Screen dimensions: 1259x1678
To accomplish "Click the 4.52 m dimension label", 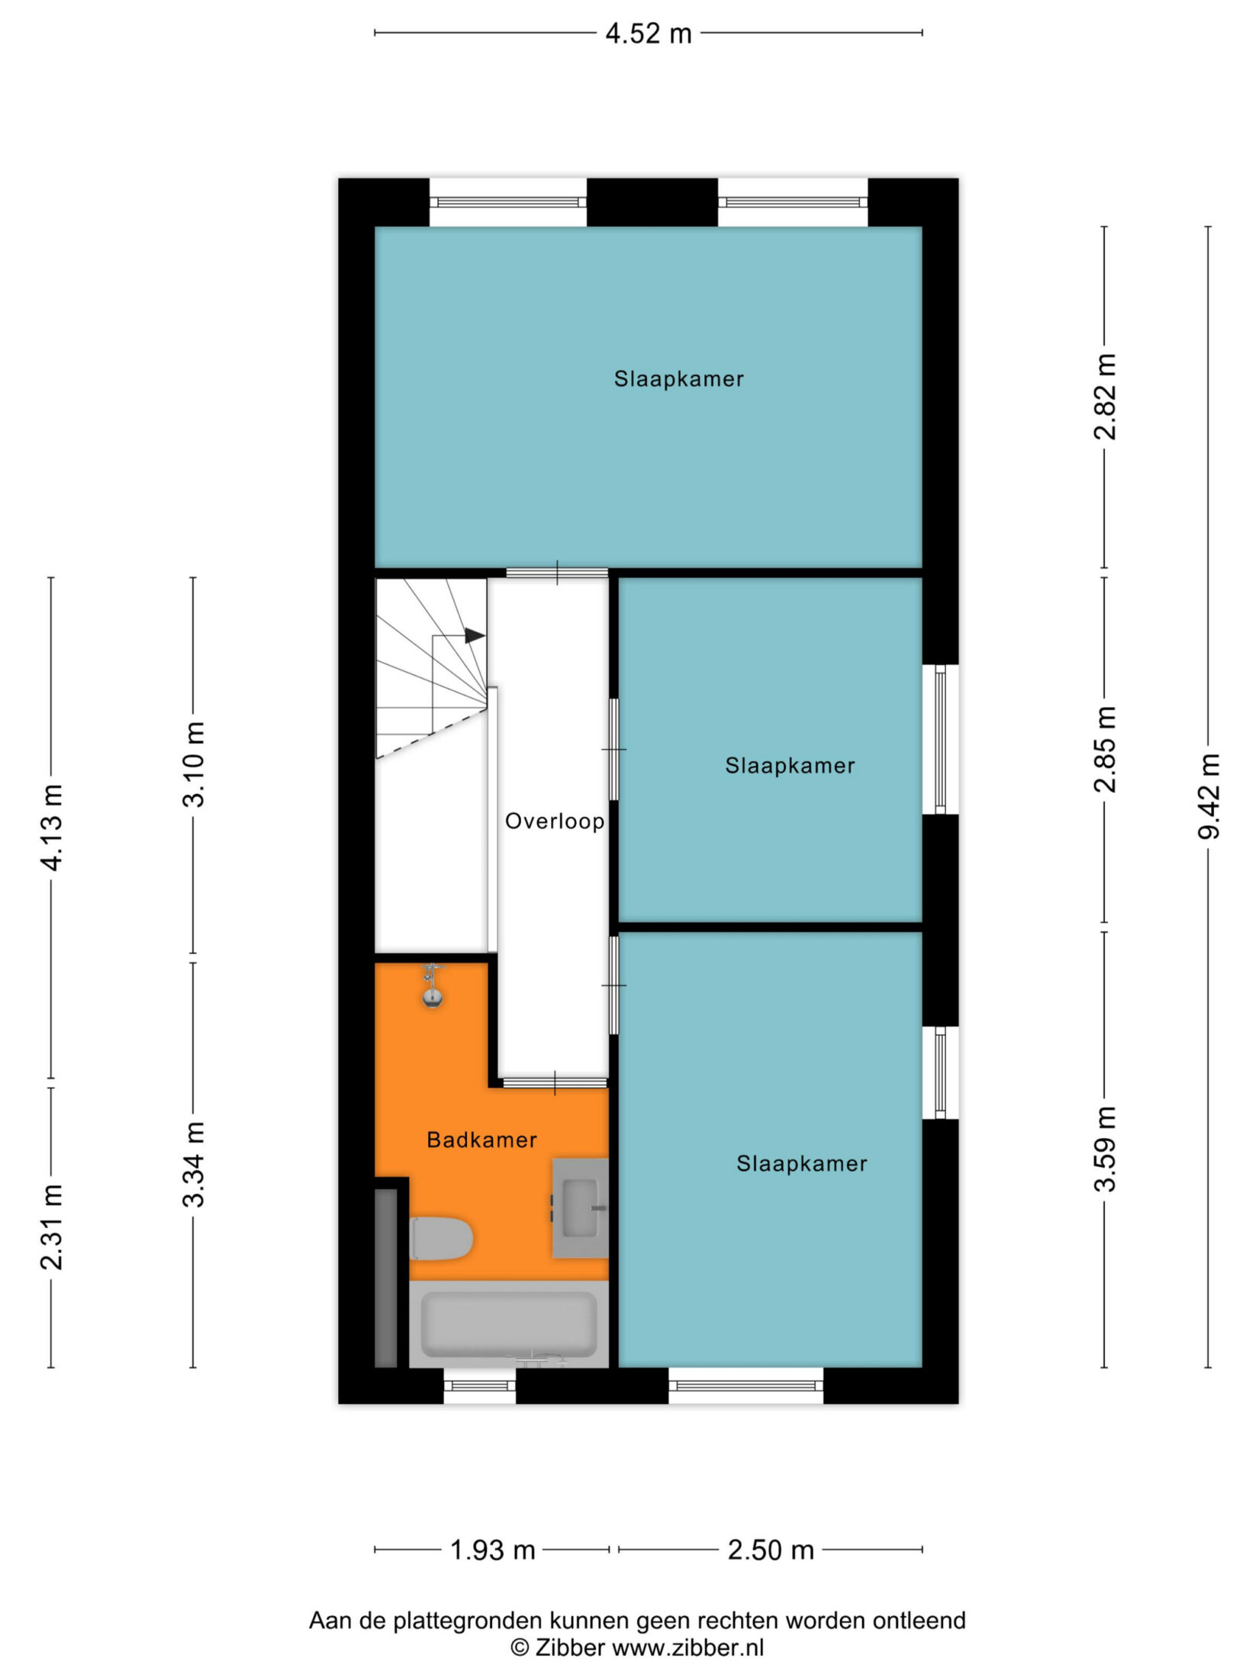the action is click(x=648, y=34).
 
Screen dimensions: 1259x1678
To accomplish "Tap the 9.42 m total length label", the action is click(x=1208, y=796).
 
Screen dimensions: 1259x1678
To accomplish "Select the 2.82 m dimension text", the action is click(x=1104, y=397).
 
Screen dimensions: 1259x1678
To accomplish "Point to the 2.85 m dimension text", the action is click(x=1104, y=749).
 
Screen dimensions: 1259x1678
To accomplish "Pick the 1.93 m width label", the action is click(x=492, y=1550).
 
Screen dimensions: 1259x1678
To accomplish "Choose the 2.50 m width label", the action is click(x=771, y=1550).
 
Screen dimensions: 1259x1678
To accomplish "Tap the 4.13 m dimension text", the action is click(x=51, y=827).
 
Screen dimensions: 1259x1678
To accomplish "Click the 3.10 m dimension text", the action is click(x=193, y=763).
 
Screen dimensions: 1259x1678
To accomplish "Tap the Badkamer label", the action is click(x=481, y=1140).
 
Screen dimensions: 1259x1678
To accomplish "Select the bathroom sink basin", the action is click(x=581, y=1208).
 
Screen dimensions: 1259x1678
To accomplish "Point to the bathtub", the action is click(x=509, y=1323).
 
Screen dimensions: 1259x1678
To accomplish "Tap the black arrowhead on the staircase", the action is click(x=475, y=635).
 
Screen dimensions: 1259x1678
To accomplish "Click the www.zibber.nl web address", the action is click(x=688, y=1647).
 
